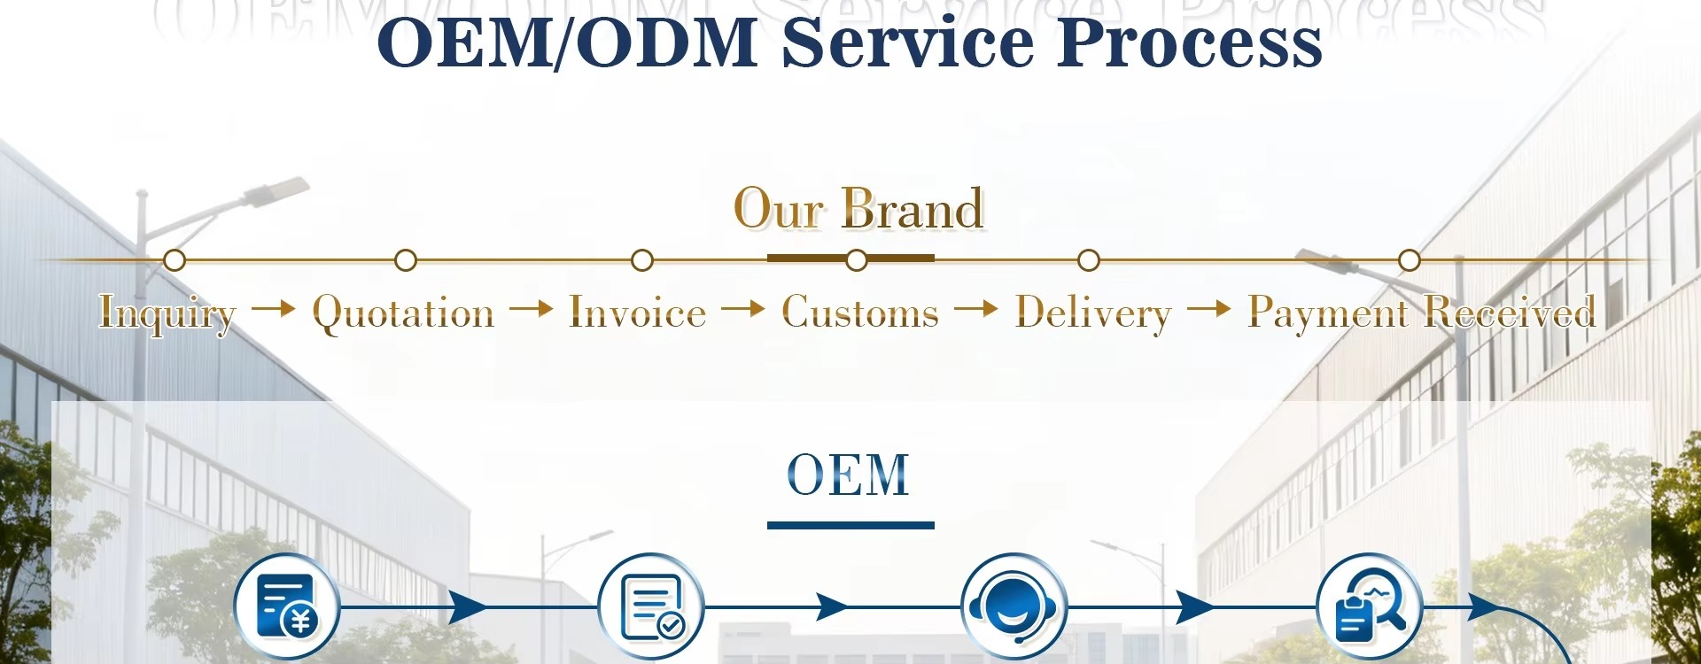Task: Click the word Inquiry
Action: [167, 313]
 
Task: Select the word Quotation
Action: [403, 313]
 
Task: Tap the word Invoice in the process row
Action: [638, 313]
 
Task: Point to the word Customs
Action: [859, 313]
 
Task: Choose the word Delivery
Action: [1092, 313]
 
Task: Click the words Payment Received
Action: [1421, 313]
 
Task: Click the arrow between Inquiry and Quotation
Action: [273, 308]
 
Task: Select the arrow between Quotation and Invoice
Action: [532, 308]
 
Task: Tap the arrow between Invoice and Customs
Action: [743, 308]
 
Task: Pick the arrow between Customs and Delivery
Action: [976, 308]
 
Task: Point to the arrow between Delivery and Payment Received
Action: [1209, 308]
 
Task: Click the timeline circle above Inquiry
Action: [175, 260]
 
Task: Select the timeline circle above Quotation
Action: [406, 260]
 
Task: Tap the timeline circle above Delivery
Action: [1089, 260]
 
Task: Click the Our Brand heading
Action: [858, 209]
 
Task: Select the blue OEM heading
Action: [849, 475]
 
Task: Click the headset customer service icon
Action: [1014, 607]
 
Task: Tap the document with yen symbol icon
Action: [287, 607]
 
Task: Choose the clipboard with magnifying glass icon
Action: [1369, 607]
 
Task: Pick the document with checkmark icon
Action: [651, 607]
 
